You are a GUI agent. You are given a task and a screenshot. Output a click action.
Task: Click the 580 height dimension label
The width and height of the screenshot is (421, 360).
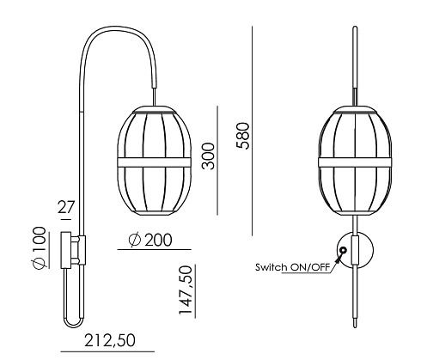click(243, 136)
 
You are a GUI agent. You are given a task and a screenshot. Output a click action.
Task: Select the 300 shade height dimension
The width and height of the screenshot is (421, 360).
click(208, 156)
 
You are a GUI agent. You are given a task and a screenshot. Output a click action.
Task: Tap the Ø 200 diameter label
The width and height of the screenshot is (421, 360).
click(150, 240)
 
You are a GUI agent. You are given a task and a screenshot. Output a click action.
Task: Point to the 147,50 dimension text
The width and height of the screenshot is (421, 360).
click(185, 290)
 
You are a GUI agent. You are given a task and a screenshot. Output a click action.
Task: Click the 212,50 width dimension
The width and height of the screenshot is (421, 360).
click(110, 341)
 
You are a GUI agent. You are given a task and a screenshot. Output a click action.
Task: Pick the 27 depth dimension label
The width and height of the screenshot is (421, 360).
click(66, 207)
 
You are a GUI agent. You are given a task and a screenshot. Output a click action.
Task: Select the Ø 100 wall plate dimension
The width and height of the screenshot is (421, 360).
click(40, 248)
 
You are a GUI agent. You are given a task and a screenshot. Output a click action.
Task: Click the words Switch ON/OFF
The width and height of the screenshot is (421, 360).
click(292, 267)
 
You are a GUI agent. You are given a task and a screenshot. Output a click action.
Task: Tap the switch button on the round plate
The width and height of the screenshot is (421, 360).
click(343, 251)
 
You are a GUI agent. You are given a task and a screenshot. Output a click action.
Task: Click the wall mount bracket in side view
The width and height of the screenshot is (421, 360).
click(73, 250)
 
